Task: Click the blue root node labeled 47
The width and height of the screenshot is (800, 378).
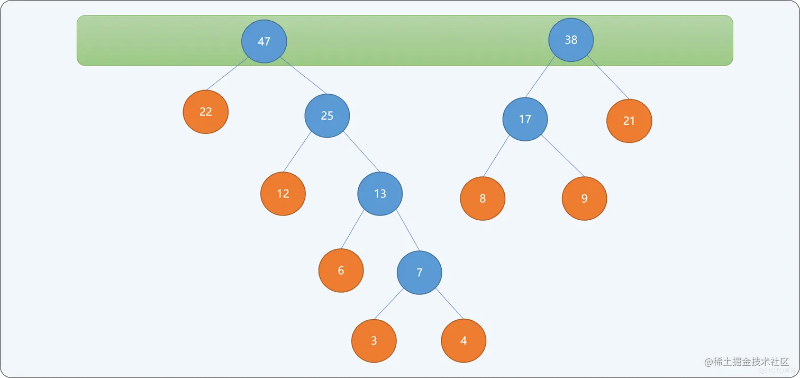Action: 264,41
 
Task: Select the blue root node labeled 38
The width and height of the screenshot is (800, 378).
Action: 571,40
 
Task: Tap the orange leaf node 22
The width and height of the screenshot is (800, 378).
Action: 206,112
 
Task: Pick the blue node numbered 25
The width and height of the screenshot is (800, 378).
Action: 327,115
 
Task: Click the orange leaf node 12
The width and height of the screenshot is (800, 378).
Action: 283,194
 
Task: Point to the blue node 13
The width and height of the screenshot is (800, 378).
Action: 380,194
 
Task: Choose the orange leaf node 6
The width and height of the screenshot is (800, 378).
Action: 341,271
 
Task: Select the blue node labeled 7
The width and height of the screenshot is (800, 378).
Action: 420,273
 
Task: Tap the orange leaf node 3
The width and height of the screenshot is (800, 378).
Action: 374,340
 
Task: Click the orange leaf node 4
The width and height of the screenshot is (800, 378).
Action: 463,340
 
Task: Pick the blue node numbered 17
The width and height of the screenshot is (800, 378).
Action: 525,119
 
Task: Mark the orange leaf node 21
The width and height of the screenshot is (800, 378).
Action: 629,121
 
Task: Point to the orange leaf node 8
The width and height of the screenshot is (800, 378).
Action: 483,199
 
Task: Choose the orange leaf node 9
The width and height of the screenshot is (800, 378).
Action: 584,199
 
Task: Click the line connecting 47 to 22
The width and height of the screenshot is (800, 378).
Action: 228,74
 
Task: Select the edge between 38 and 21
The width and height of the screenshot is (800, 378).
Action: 608,78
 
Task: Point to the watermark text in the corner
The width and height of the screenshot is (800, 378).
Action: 747,363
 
